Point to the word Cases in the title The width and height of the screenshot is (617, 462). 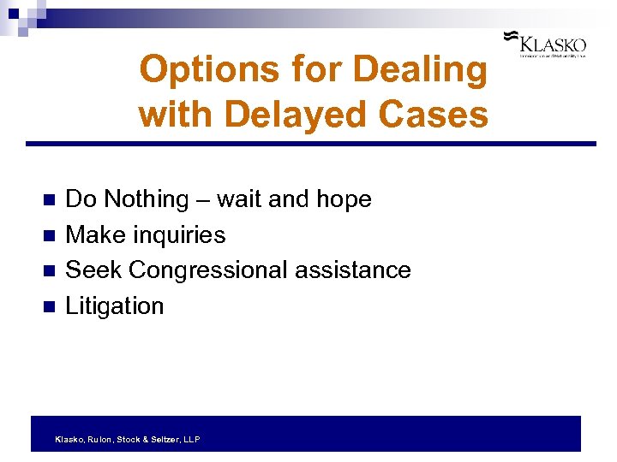[x=439, y=113]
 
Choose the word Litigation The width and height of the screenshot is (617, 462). [x=114, y=306]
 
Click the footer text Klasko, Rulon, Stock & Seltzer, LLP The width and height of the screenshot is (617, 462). [x=127, y=439]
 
